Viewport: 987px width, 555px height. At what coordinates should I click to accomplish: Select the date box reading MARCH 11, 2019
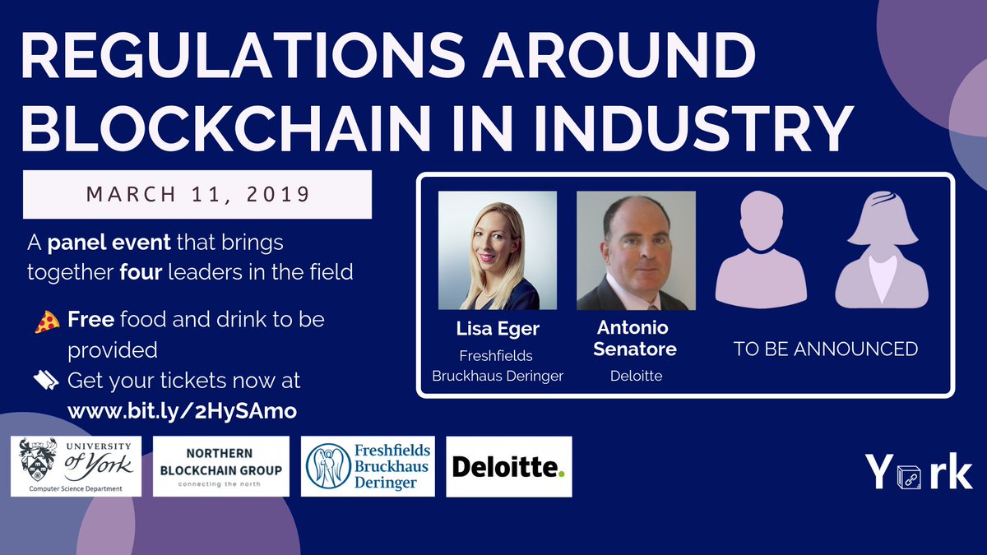[197, 195]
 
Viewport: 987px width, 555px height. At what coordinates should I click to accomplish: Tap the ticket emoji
[46, 381]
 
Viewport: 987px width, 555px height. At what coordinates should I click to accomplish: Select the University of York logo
[76, 466]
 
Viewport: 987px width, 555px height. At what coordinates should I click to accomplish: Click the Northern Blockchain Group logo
[221, 466]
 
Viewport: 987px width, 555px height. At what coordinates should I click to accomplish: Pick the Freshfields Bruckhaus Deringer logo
[368, 466]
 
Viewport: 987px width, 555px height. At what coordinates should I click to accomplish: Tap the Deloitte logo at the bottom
[508, 466]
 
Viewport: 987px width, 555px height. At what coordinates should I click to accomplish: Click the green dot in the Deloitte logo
[562, 474]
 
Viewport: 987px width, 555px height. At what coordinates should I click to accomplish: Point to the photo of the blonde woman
[498, 250]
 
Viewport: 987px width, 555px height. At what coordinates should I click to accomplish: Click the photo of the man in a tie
[636, 250]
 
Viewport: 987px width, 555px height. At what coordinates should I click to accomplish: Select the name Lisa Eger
[497, 329]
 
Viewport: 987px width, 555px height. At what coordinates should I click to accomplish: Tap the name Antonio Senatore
[636, 339]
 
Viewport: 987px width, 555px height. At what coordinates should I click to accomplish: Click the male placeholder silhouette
[761, 250]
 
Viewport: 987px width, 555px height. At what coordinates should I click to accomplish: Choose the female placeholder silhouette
[882, 250]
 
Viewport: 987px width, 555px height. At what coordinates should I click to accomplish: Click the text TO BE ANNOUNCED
[825, 349]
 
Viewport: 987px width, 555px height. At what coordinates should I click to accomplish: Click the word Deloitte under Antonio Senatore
[636, 377]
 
